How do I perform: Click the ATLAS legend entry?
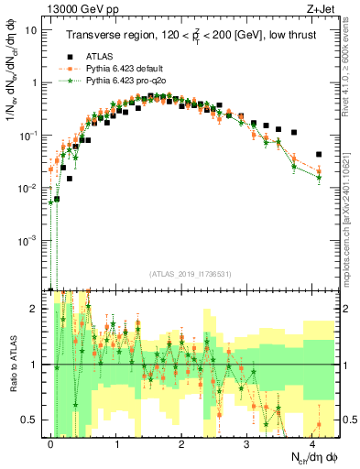pos(102,54)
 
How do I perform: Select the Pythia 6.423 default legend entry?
pos(124,67)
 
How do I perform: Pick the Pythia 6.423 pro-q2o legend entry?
pos(124,80)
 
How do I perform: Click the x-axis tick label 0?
pos(51,442)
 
